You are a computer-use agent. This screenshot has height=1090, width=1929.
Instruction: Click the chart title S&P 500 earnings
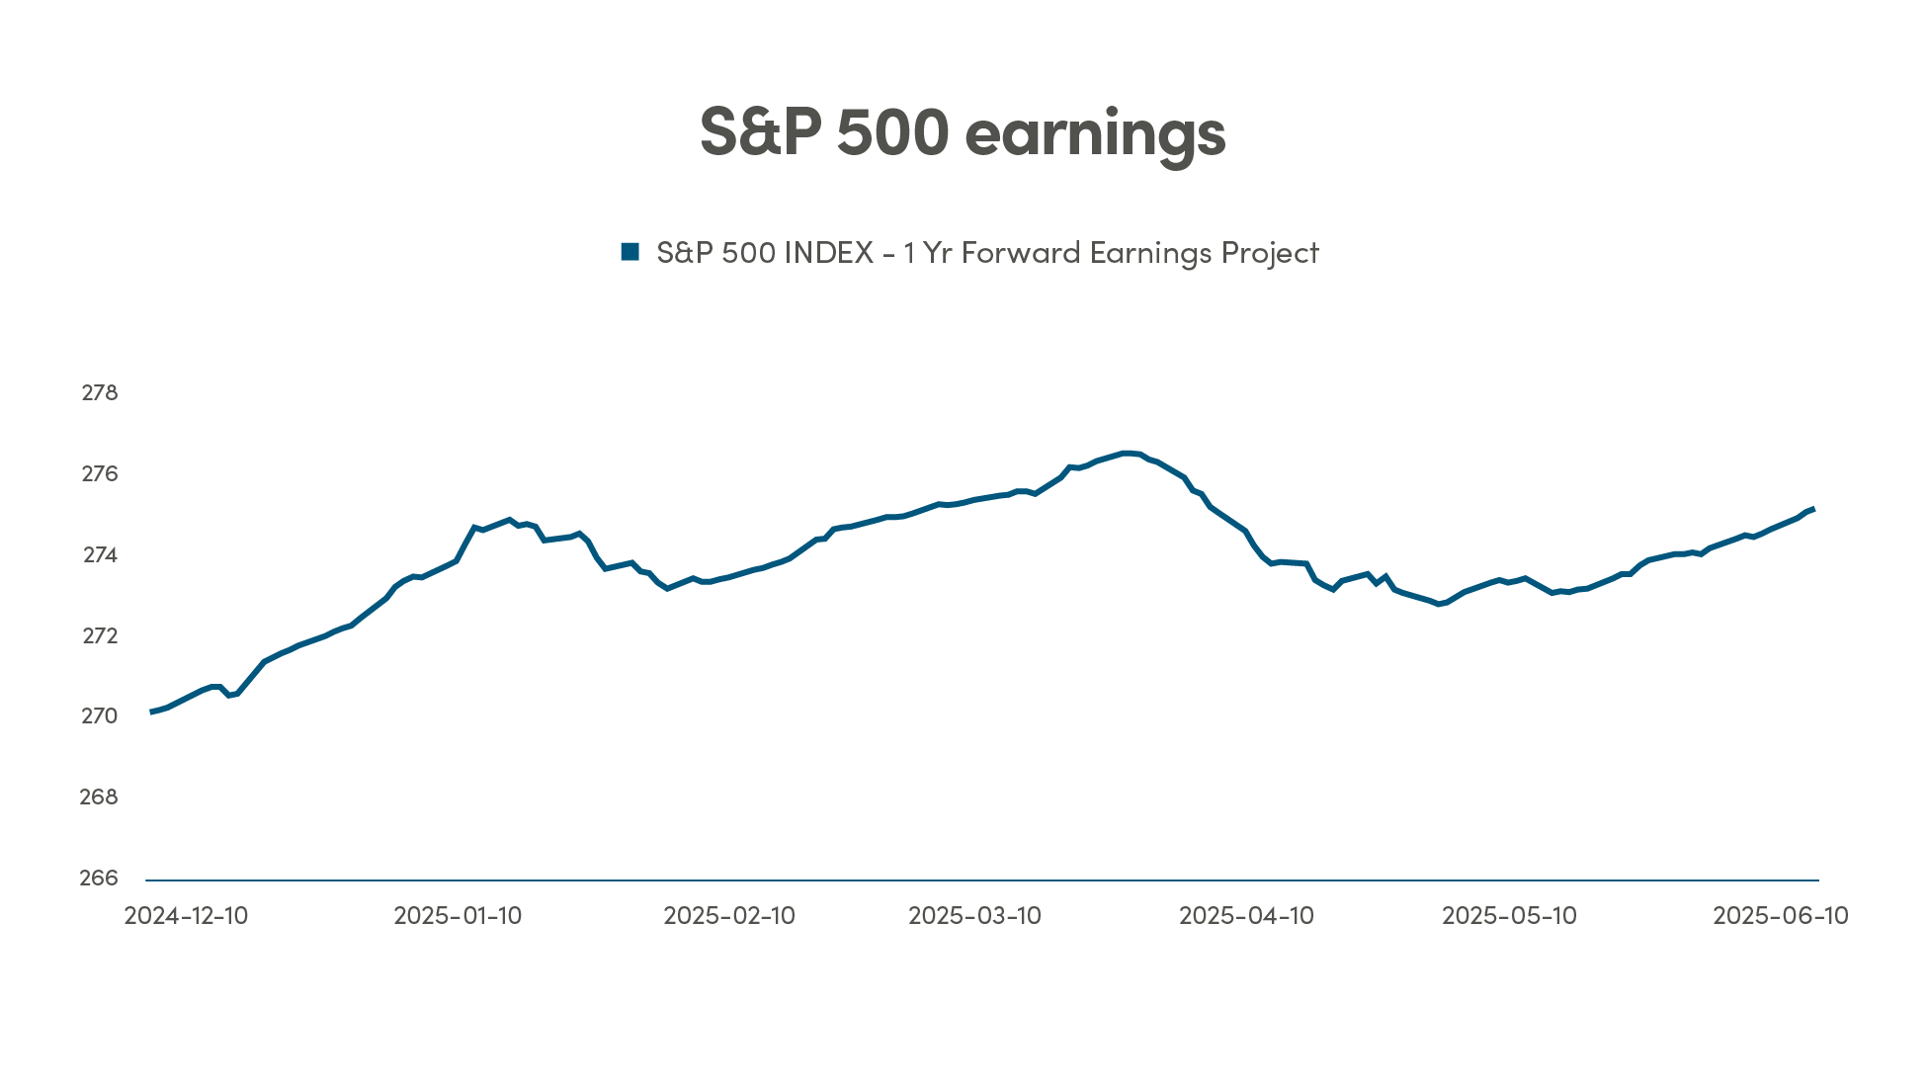[x=963, y=133]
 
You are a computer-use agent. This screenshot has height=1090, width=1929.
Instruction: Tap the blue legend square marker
[x=629, y=252]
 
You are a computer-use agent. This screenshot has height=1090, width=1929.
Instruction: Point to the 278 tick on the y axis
[x=99, y=393]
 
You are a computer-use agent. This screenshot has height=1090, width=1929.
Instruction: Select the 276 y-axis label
[x=99, y=474]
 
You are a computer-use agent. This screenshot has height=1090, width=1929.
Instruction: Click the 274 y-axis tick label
[x=100, y=555]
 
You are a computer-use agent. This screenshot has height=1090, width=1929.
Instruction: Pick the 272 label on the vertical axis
[x=99, y=636]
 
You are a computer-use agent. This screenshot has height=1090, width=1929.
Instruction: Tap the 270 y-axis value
[x=99, y=716]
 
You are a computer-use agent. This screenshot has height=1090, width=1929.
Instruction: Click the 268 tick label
[x=99, y=797]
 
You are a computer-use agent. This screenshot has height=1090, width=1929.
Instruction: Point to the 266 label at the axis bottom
[x=99, y=879]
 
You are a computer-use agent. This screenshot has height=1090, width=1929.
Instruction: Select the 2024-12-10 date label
[x=186, y=916]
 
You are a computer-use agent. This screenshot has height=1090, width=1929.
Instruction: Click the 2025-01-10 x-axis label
[x=458, y=916]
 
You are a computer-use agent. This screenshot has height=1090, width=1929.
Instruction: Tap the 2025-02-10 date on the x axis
[x=729, y=916]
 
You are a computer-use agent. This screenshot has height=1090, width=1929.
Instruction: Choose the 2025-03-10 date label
[x=974, y=916]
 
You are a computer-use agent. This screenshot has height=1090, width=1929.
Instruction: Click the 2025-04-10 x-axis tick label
[x=1246, y=916]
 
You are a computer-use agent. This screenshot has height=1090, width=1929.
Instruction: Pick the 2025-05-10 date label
[x=1509, y=916]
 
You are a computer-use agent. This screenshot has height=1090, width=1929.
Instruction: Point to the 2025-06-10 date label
[x=1780, y=916]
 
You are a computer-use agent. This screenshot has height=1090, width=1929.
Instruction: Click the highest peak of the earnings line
[x=1127, y=453]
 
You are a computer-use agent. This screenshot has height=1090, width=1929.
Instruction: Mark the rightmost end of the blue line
[x=1813, y=509]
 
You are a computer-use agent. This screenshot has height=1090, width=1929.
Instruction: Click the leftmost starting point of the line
[x=151, y=712]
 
